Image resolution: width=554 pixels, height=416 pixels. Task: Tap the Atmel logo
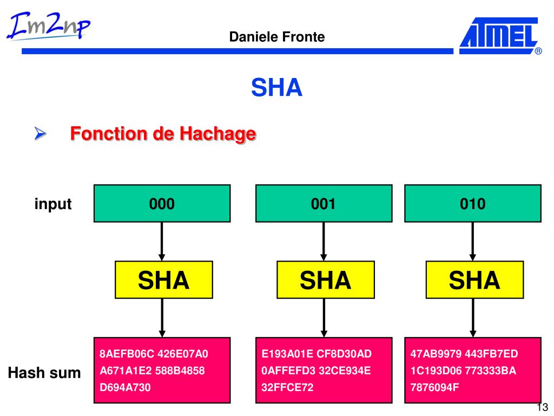point(499,36)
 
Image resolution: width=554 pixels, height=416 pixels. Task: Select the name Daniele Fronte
point(277,37)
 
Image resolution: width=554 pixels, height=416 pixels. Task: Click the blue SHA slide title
point(276,87)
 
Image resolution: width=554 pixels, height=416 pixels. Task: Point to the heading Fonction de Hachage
point(163,133)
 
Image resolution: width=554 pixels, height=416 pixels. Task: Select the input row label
point(53,204)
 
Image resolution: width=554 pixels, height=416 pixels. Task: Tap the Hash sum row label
point(44,373)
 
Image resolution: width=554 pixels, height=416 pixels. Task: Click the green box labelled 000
point(162,203)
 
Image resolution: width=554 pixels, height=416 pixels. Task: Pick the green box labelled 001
point(324,203)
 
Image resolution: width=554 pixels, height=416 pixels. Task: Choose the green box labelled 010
point(472,203)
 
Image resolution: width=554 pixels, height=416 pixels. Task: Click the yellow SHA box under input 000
point(163,280)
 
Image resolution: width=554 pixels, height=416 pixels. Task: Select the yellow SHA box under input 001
point(325,280)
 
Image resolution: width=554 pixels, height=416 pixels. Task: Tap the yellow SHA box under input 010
point(474,280)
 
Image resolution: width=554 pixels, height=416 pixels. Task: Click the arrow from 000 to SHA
point(162,241)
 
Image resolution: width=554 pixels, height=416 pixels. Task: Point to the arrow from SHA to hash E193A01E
point(324,317)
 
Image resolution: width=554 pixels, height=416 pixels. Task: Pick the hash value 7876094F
point(434,387)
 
